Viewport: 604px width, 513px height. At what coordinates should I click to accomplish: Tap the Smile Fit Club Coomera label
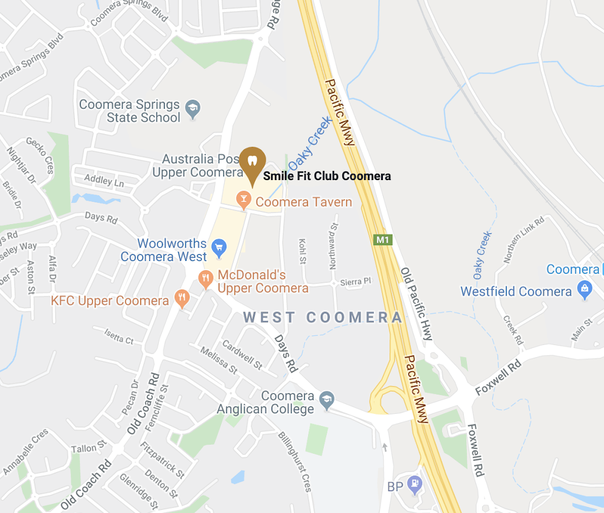[x=327, y=176]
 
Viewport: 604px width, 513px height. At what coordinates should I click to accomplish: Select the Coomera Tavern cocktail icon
[x=243, y=199]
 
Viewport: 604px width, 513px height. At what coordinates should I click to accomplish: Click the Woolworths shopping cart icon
[x=219, y=246]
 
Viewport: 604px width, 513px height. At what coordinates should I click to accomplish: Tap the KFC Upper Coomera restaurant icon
[x=181, y=297]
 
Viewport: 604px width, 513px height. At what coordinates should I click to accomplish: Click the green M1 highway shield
[x=382, y=240]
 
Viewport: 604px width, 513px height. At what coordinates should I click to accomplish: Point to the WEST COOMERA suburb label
[x=323, y=318]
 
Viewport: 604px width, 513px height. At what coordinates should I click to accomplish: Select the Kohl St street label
[x=302, y=251]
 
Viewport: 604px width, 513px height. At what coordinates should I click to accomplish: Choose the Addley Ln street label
[x=103, y=180]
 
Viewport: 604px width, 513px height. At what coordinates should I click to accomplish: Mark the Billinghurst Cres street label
[x=295, y=462]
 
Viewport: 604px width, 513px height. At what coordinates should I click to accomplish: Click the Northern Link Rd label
[x=524, y=239]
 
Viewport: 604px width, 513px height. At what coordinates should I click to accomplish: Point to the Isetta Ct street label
[x=118, y=338]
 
